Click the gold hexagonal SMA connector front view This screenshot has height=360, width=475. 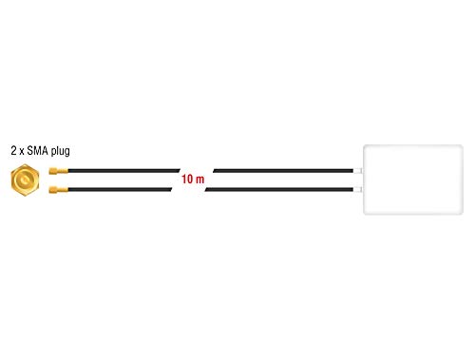click(x=25, y=180)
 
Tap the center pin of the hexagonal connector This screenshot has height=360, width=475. click(x=25, y=180)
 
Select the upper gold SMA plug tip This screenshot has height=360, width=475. click(x=59, y=171)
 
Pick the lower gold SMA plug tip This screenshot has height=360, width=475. click(x=59, y=190)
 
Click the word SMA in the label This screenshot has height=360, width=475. click(x=37, y=150)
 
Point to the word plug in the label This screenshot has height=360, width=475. click(x=61, y=151)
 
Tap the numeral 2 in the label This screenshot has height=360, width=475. click(x=13, y=150)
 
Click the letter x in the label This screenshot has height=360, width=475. click(x=22, y=152)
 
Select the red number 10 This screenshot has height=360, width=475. click(x=187, y=180)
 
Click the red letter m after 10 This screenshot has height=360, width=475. click(x=199, y=180)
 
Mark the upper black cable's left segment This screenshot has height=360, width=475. click(x=124, y=171)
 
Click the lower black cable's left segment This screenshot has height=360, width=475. click(x=120, y=190)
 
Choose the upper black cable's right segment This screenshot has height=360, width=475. click(x=283, y=171)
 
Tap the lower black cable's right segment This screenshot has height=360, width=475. click(x=279, y=190)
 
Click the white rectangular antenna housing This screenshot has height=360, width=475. click(x=413, y=180)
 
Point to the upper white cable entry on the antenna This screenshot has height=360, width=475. click(x=357, y=171)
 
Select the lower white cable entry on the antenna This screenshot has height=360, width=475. click(x=357, y=190)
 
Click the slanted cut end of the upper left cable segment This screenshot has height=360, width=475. click(x=180, y=171)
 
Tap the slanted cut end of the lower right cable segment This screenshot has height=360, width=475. click(x=206, y=190)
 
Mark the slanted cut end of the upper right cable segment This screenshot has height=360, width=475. click(x=215, y=171)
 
